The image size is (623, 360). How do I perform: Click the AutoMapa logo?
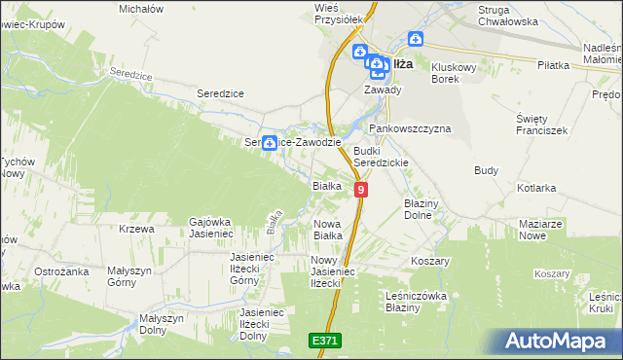click(559, 341)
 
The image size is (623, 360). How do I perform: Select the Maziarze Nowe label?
click(542, 229)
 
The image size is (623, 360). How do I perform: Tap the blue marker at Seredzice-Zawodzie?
click(269, 143)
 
